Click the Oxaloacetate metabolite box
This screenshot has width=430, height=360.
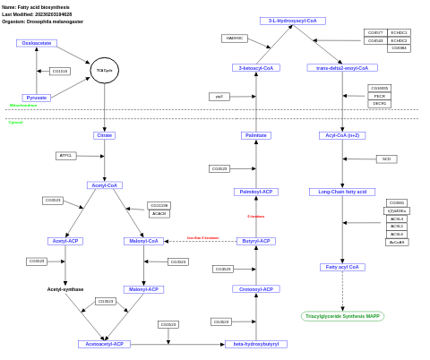(36, 43)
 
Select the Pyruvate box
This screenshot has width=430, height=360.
(37, 98)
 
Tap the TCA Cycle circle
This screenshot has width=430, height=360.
(105, 70)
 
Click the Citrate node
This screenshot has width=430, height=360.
(104, 135)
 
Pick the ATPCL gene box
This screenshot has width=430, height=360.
(65, 156)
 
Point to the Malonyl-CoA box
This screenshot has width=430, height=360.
(143, 241)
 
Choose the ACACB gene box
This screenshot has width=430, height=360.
(159, 213)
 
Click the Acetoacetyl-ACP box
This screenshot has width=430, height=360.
(104, 344)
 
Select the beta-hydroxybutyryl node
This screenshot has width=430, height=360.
(256, 344)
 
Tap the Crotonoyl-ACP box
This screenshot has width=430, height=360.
(256, 289)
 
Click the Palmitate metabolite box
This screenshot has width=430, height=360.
(256, 135)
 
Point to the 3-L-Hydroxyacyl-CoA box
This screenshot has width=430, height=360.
(292, 21)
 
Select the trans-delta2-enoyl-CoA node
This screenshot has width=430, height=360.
(342, 67)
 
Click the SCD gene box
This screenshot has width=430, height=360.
(386, 159)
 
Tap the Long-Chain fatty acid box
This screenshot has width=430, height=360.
(342, 192)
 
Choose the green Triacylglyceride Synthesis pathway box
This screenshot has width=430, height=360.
(342, 316)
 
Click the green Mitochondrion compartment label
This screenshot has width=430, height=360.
(23, 106)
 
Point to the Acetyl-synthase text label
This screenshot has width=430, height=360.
(65, 289)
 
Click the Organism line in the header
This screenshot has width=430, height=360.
(42, 21)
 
